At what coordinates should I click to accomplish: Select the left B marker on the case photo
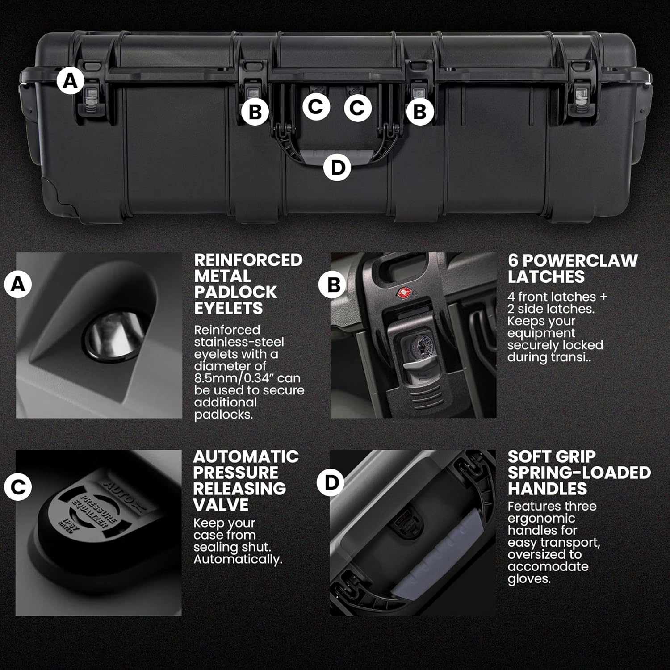255,112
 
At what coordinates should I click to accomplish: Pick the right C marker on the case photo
357,108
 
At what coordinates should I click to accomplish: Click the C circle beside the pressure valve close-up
18,487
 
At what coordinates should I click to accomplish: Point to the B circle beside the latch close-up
334,285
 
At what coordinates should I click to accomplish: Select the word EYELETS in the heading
228,308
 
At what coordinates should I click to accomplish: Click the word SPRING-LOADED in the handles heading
579,473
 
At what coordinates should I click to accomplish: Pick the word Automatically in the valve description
237,560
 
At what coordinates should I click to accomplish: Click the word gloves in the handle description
528,579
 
